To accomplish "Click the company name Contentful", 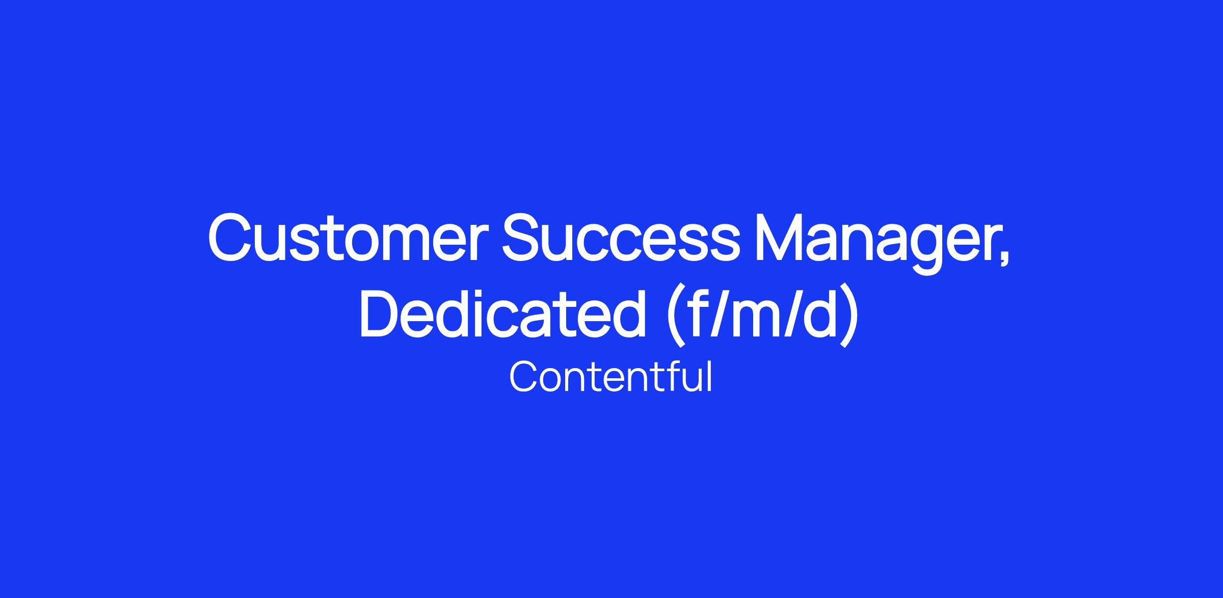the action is point(610,377).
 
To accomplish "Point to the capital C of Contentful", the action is point(525,377).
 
